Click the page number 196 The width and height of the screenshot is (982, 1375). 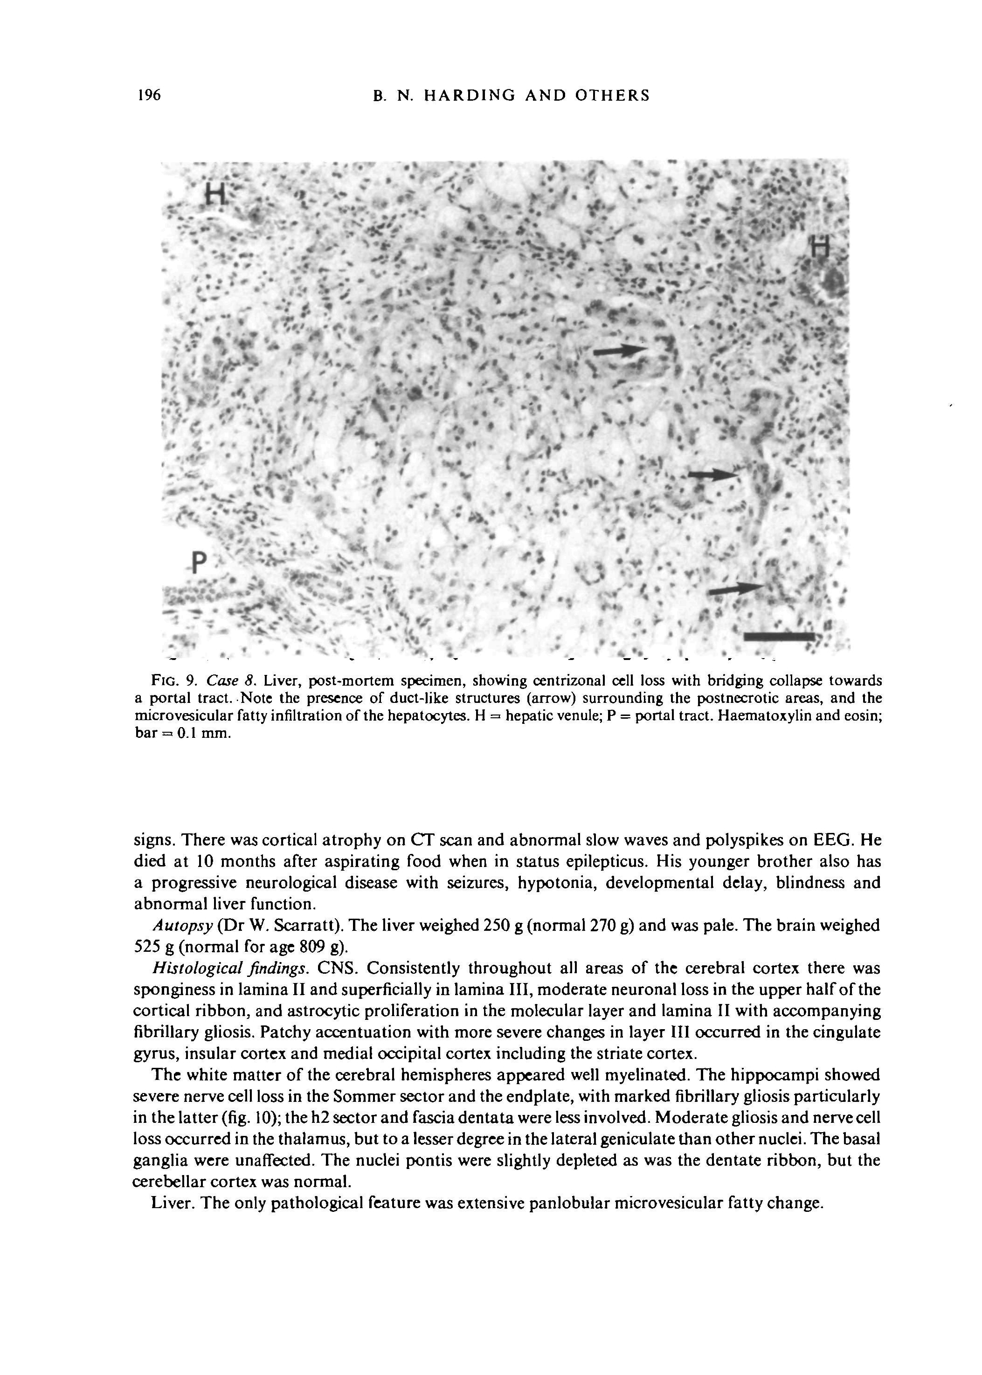(x=148, y=96)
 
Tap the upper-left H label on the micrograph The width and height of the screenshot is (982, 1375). (x=214, y=193)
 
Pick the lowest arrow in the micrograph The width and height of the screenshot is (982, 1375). (x=736, y=589)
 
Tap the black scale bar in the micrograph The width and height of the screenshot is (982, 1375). (x=779, y=636)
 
